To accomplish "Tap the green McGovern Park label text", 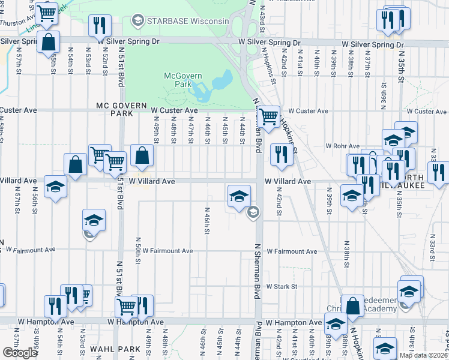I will pos(183,80).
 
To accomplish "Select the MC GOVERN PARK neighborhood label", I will pos(122,110).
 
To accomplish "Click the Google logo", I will pos(20,353).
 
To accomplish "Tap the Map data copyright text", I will pos(423,355).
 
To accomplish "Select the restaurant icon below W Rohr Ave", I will pos(281,154).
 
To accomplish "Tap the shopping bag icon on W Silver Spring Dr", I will pos(48,42).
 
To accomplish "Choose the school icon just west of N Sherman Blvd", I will pos(239,196).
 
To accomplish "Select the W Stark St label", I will pos(282,287).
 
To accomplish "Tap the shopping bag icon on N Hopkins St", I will pos(353,305).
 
